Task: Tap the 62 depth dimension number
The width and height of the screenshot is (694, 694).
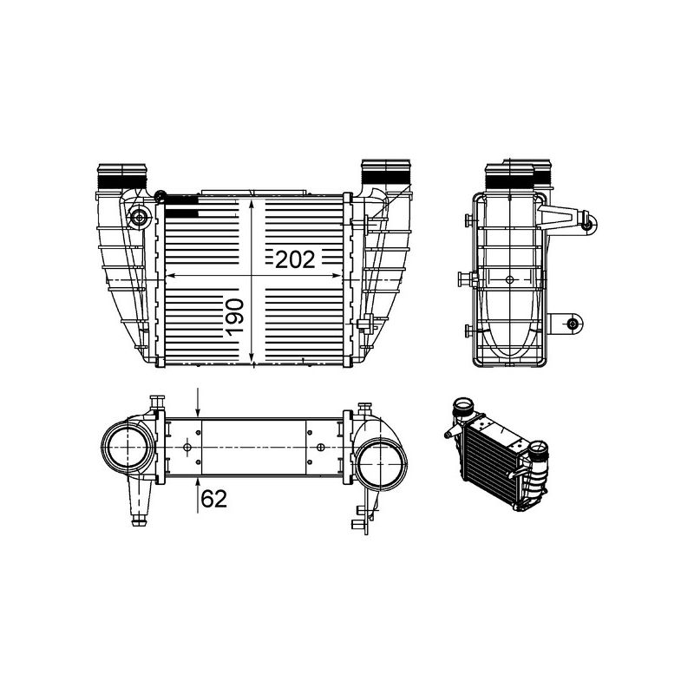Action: pos(214,499)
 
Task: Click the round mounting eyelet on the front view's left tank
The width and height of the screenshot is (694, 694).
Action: pos(137,217)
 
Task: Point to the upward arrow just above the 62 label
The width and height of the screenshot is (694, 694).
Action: pos(199,481)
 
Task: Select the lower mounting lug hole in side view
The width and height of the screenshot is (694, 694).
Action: pos(572,324)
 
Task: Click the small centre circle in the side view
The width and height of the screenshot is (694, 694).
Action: pos(509,279)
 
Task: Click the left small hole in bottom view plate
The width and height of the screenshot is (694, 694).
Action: pos(187,448)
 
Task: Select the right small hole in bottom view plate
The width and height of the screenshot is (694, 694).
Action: pos(322,448)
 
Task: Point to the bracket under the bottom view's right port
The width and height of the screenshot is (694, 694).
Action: pos(363,517)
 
